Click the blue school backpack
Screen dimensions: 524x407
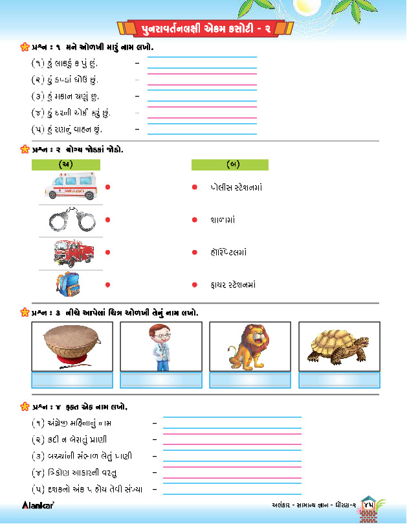[67, 284]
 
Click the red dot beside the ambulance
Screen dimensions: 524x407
[108, 187]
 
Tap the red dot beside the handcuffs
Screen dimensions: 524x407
[108, 220]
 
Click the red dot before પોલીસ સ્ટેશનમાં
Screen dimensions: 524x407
[194, 187]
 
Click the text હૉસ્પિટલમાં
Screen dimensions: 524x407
[228, 253]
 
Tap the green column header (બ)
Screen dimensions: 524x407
[230, 165]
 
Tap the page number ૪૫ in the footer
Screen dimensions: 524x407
[370, 503]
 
